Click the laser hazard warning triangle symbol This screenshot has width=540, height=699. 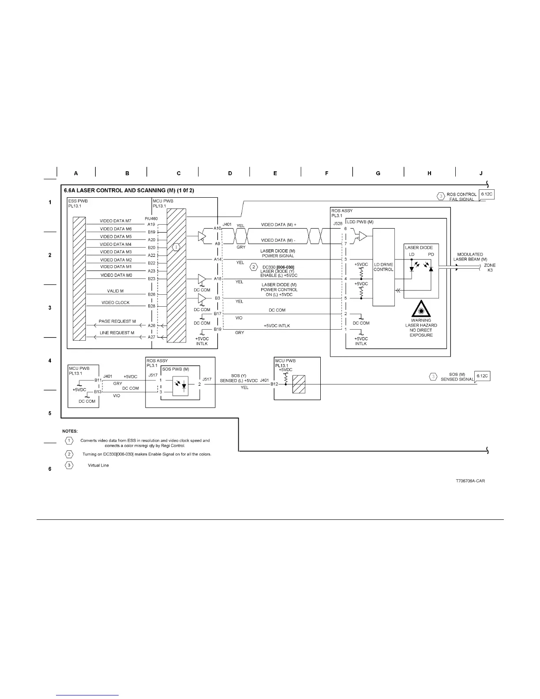[421, 308]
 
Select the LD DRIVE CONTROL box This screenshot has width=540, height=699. [383, 267]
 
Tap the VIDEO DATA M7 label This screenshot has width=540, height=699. [116, 221]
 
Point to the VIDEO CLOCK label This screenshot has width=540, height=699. [116, 303]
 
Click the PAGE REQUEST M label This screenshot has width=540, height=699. [117, 321]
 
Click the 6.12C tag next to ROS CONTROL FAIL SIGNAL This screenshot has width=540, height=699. [486, 194]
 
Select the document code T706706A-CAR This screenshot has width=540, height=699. [470, 481]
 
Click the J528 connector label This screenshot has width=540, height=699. [337, 224]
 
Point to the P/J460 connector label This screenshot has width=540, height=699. [151, 218]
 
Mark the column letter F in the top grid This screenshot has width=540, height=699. [326, 173]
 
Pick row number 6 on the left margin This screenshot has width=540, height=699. [50, 469]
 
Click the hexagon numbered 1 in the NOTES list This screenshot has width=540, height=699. [69, 440]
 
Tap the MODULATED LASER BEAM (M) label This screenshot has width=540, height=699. [470, 257]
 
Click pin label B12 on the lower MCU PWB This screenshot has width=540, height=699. [274, 384]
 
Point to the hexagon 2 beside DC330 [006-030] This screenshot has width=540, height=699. [254, 267]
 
